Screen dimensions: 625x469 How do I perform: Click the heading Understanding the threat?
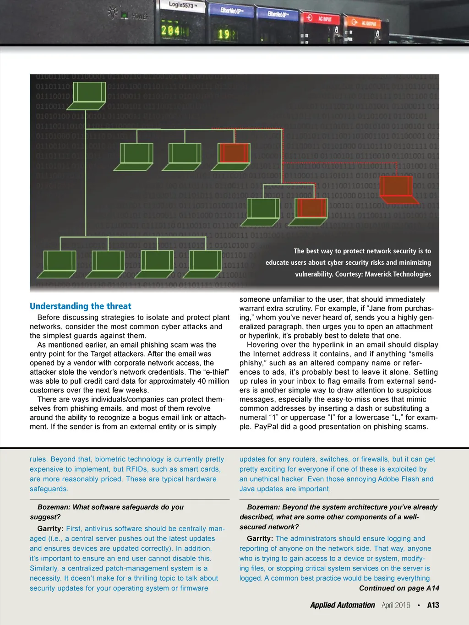coord(80,306)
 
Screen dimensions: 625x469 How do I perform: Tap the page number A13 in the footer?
coord(433,605)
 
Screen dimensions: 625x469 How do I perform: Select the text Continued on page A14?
coord(399,588)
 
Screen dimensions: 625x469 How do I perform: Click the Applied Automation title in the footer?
coord(342,605)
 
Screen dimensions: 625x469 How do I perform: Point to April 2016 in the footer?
coord(396,605)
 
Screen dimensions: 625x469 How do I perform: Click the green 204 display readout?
coord(170,31)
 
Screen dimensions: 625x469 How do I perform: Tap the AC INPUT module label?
coord(325,19)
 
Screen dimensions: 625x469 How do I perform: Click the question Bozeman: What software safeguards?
coord(110,507)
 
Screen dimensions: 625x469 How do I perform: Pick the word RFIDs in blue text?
coord(136,469)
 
